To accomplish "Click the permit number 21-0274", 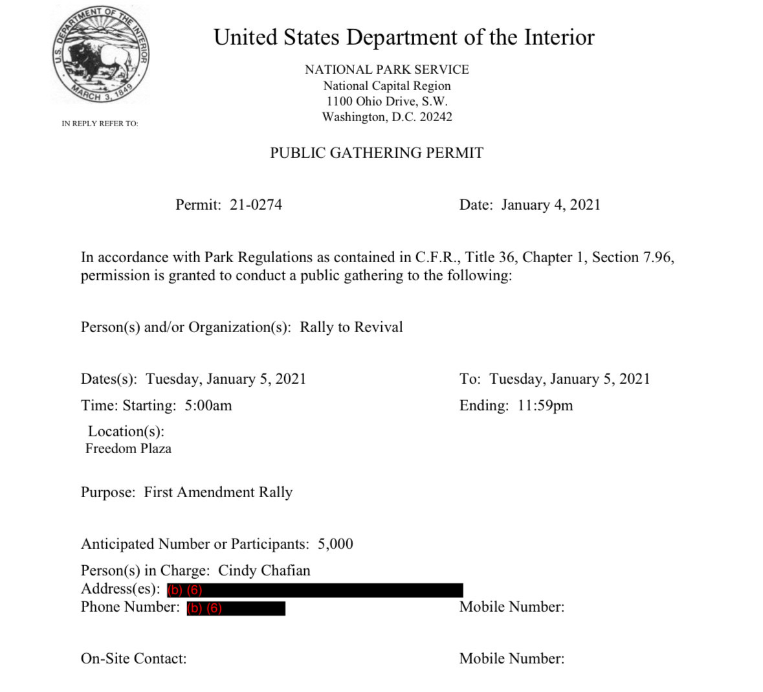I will coord(256,205).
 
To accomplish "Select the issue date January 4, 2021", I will coord(551,205).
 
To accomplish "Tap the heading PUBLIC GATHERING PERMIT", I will coord(377,153).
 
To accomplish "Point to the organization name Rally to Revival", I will coord(351,327).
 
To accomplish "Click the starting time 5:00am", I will coord(208,406).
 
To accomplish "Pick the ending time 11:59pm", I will coord(545,406).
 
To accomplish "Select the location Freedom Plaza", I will coord(128,449).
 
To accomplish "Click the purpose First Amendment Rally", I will coord(218,493).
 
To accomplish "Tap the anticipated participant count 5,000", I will coord(335,544).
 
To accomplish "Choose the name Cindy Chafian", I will coord(264,571).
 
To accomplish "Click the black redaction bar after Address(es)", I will coord(315,590).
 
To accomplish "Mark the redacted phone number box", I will coord(236,608).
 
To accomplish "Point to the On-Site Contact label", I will coord(133,659).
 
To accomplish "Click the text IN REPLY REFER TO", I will coord(100,124).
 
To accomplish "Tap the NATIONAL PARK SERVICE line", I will coord(386,70).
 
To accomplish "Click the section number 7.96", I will coord(658,258).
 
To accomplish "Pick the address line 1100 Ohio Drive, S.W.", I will coord(386,102).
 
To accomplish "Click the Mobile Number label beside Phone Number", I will coord(511,607).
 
